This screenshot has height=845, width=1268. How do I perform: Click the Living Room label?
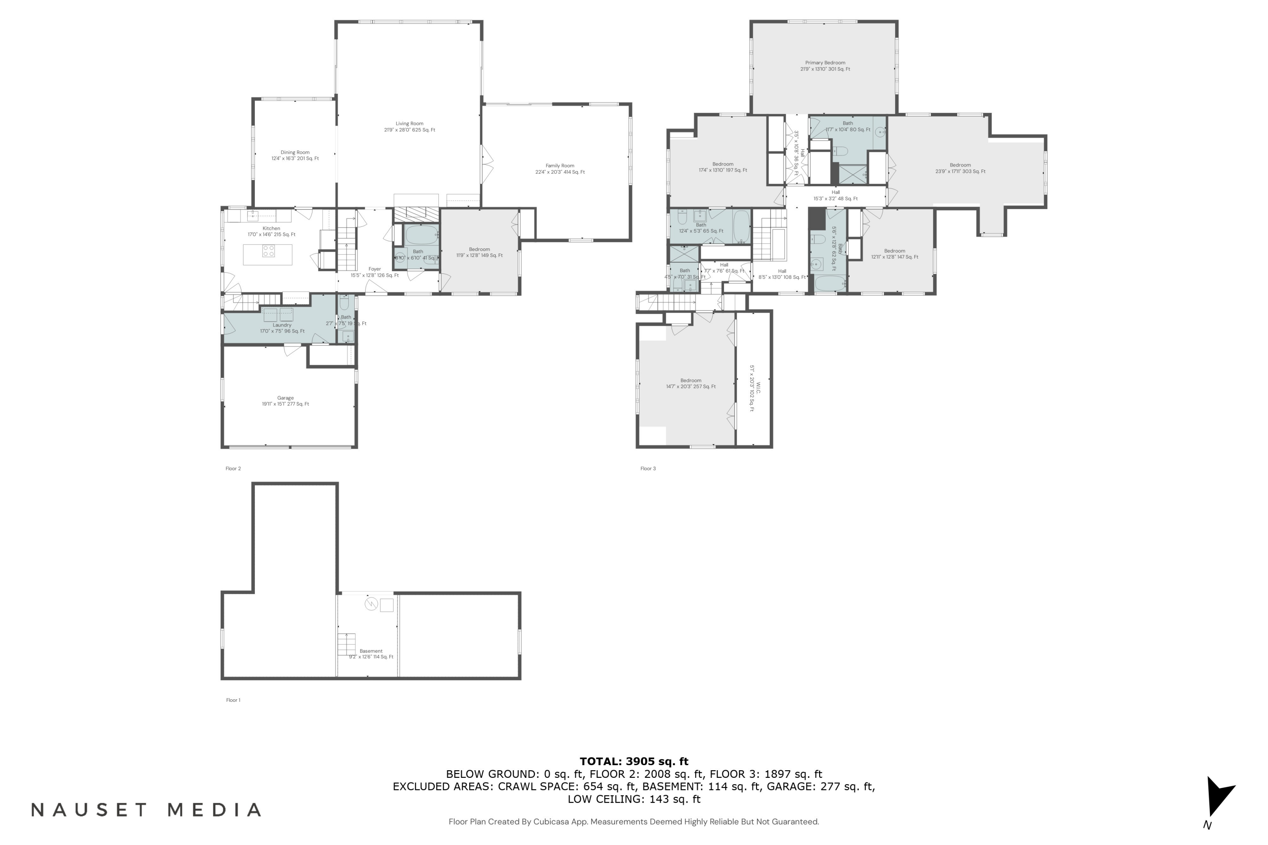tap(409, 127)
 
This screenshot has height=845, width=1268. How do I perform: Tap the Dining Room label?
tap(295, 155)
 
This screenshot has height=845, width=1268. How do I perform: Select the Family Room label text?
tap(560, 169)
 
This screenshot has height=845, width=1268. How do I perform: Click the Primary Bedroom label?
tap(825, 66)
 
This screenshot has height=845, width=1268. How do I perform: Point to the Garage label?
tap(285, 401)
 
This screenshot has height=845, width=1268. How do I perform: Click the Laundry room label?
tap(282, 328)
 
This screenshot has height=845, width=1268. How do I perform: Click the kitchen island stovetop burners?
tap(268, 251)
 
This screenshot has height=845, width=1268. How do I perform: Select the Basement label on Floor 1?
tap(371, 654)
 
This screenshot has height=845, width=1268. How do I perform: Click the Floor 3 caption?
tap(648, 468)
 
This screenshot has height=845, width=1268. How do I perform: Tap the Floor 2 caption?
tap(233, 468)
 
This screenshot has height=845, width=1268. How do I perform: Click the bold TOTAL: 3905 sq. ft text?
tap(634, 761)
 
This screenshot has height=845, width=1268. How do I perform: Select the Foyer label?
tap(374, 272)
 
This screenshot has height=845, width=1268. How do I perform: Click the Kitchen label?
tap(271, 231)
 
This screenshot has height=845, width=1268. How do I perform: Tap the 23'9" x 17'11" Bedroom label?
tap(960, 168)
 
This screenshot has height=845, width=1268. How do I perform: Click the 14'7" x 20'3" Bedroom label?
tap(691, 383)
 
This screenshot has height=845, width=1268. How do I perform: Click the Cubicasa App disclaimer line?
tap(634, 822)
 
